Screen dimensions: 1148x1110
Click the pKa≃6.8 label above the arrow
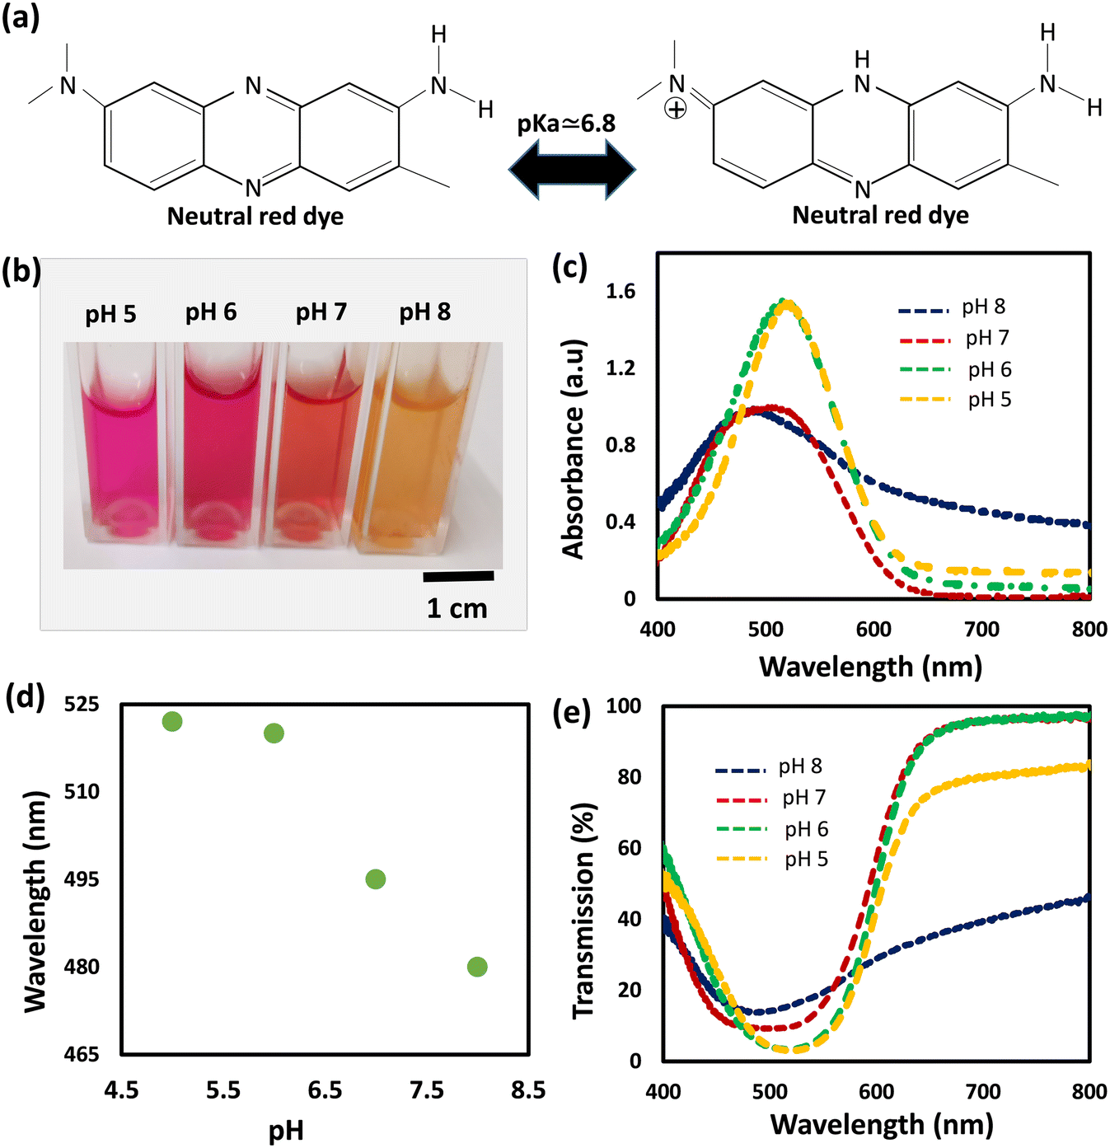pos(566,124)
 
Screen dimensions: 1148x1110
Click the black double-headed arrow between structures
pos(572,170)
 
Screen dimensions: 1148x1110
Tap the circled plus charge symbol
pos(676,109)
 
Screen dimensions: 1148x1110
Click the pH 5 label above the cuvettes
pos(110,314)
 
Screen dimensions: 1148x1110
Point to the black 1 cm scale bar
pos(458,577)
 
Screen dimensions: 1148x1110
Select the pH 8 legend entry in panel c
pos(952,307)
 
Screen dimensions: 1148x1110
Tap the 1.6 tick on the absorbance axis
pos(621,292)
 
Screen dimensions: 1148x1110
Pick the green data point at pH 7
pos(375,879)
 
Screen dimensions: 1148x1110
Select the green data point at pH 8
pos(477,967)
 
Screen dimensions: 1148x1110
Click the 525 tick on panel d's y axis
pos(82,705)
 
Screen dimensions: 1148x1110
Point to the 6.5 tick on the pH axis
pos(325,1090)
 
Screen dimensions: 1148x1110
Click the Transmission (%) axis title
pos(583,911)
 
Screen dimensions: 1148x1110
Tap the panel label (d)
pos(25,697)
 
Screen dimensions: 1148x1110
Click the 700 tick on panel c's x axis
pos(981,630)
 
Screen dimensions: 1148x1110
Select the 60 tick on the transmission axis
pos(630,848)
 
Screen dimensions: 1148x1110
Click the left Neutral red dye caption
pos(255,217)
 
